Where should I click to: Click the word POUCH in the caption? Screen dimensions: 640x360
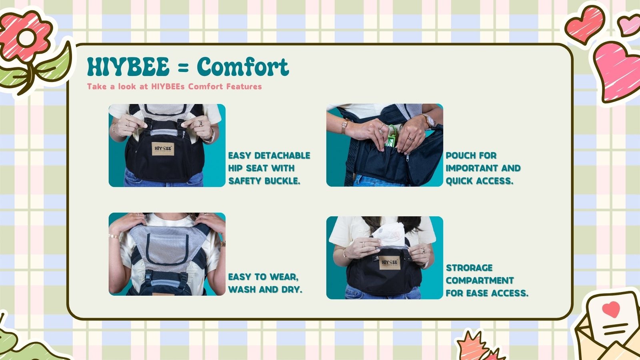457,156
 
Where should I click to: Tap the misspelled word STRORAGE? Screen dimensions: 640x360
469,268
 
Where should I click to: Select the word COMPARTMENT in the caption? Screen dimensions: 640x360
480,280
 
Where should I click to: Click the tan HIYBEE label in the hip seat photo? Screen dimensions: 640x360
163,148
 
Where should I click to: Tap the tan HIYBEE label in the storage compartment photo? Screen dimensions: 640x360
390,262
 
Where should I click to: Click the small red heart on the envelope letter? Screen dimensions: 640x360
611,309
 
